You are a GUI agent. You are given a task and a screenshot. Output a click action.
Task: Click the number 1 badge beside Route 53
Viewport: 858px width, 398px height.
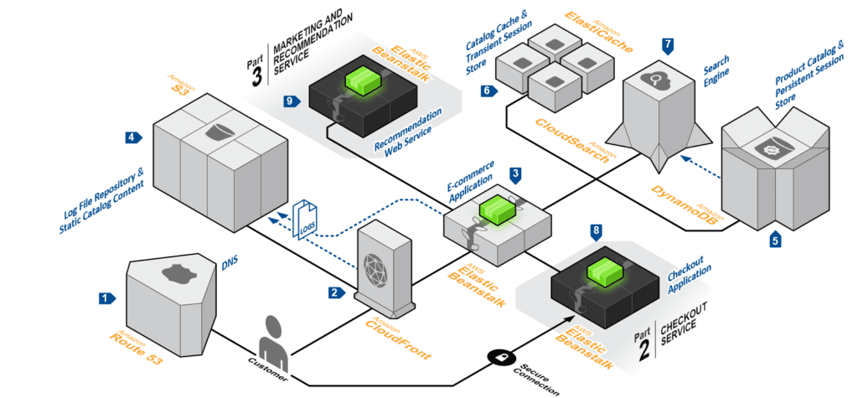pyautogui.click(x=106, y=297)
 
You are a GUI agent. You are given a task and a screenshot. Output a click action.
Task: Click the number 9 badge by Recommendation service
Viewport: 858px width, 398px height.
pyautogui.click(x=291, y=101)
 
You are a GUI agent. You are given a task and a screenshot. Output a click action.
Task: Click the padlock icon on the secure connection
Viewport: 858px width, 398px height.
pyautogui.click(x=498, y=356)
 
